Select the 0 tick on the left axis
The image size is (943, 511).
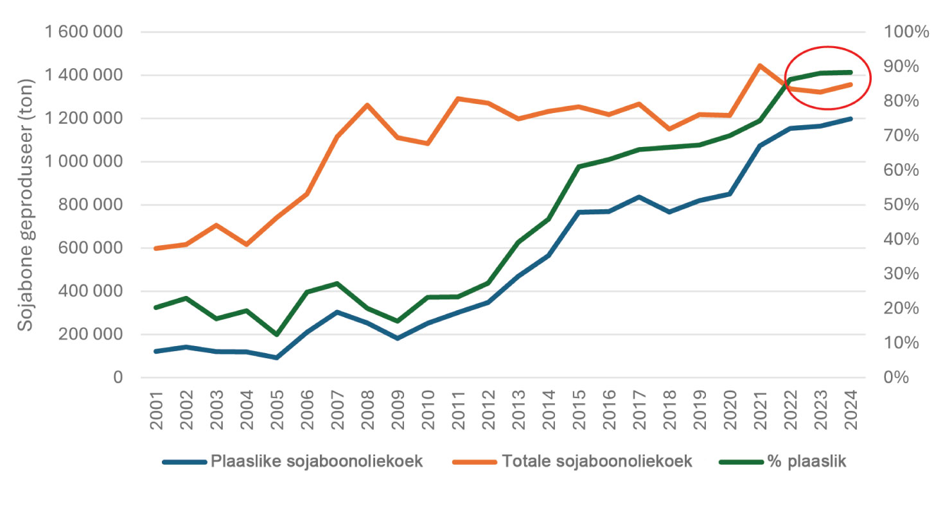pos(118,377)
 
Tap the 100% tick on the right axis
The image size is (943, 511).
pos(906,32)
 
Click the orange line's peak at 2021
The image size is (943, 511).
pos(760,65)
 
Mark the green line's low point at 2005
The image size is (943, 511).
pos(277,334)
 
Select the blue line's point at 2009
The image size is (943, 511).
pos(398,338)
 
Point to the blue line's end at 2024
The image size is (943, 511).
pos(850,119)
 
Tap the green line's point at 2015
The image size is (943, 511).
pos(579,167)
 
